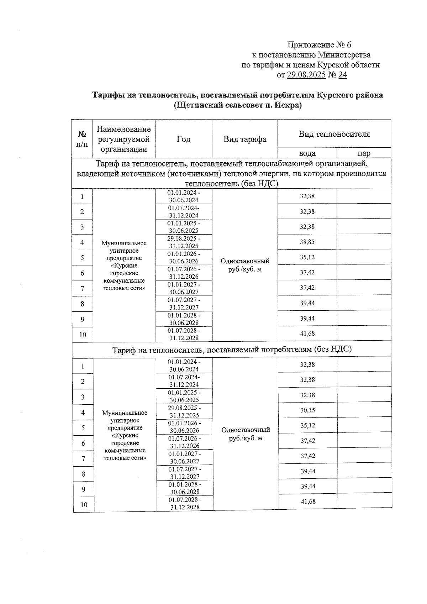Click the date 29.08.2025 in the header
pos(306,75)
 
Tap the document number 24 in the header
pos(342,75)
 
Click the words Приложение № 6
pos(319,45)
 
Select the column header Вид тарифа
pos(245,139)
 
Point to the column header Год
pos(184,139)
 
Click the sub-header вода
pos(307,153)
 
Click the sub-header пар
pos(364,153)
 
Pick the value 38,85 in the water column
pos(307,242)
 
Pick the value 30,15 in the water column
pos(307,410)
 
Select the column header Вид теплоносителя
pos(334,134)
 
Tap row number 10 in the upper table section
pos(83,335)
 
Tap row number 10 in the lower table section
pos(83,505)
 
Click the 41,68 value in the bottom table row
pos(308,501)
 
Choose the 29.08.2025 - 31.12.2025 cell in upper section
pos(184,242)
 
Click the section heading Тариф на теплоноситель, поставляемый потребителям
pos(232,350)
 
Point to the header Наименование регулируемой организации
pos(124,139)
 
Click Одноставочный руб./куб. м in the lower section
pos(246,434)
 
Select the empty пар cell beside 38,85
pos(364,242)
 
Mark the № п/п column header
pos(82,139)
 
